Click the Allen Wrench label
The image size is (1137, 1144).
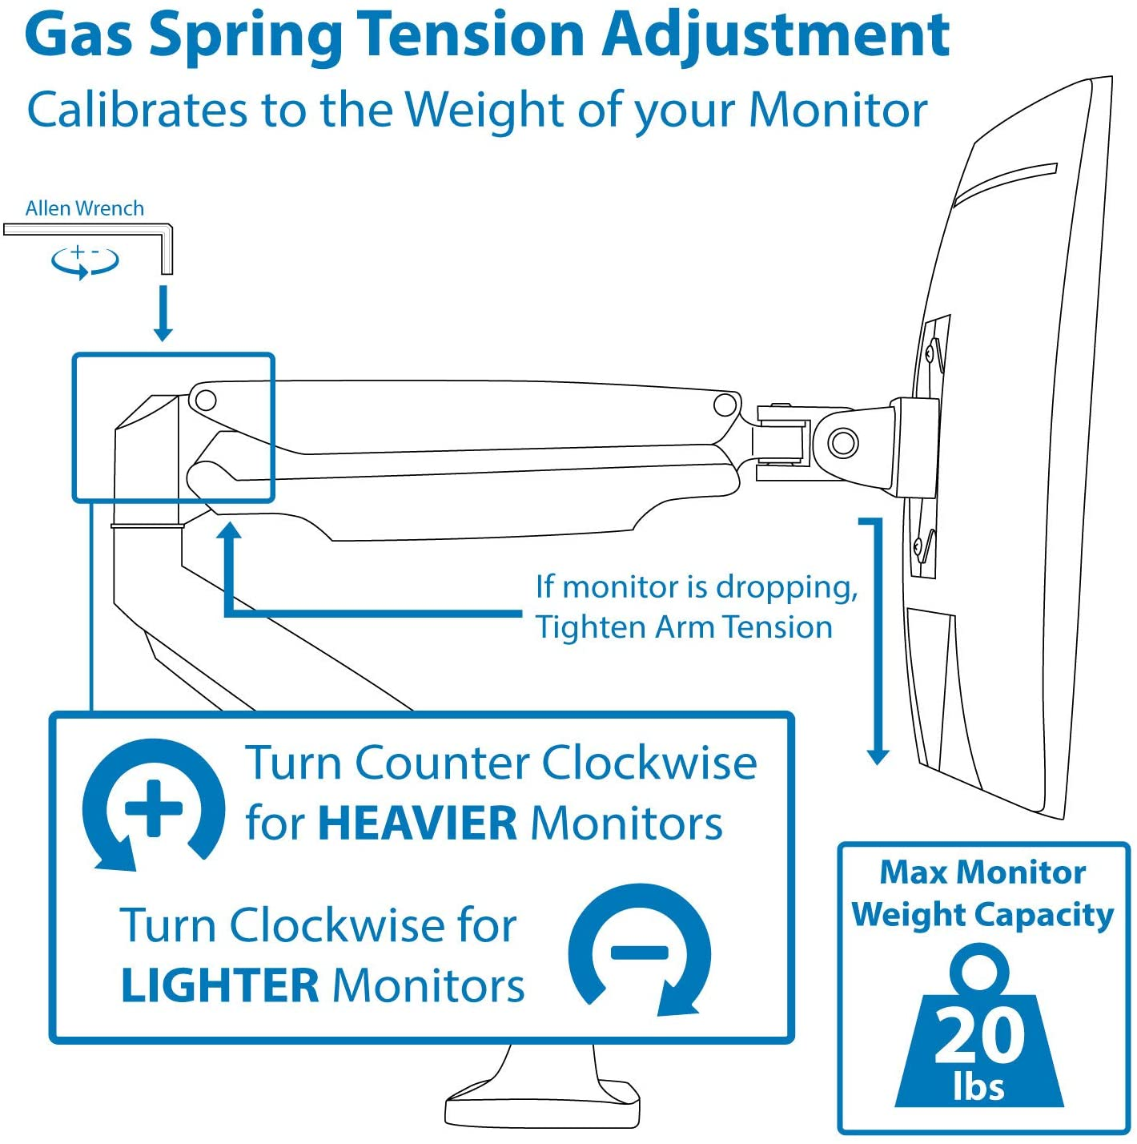point(85,208)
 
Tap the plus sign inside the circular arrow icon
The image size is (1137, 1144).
point(155,807)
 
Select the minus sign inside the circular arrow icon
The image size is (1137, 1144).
point(639,952)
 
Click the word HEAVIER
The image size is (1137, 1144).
point(417,824)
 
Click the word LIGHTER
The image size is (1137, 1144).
point(219,986)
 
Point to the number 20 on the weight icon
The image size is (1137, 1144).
point(978,1036)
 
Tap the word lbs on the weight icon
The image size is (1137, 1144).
point(978,1087)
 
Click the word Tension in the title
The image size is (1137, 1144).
point(472,35)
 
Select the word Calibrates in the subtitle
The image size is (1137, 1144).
point(137,110)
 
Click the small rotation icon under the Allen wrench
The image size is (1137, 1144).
point(84,260)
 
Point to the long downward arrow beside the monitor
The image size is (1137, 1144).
point(878,641)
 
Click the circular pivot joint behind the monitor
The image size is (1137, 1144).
point(842,441)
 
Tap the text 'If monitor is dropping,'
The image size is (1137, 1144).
point(697,587)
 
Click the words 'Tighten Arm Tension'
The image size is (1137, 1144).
point(684,627)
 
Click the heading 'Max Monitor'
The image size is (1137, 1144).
point(982,872)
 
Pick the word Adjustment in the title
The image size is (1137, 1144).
point(775,35)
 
